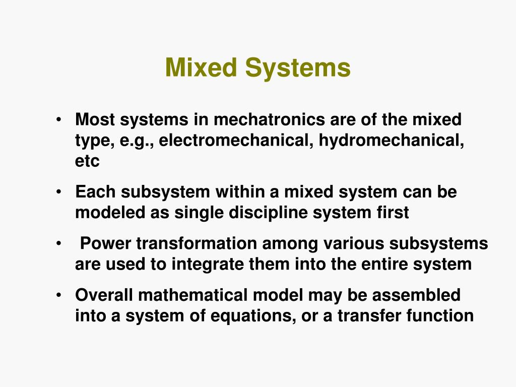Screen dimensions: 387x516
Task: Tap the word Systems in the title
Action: (x=298, y=68)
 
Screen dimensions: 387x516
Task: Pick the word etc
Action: (x=87, y=161)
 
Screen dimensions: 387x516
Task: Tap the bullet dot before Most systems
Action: (x=59, y=120)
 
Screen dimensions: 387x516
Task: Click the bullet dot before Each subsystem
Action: (x=59, y=192)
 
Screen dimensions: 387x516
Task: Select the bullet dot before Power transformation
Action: (x=59, y=244)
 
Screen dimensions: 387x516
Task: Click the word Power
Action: (x=105, y=244)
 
